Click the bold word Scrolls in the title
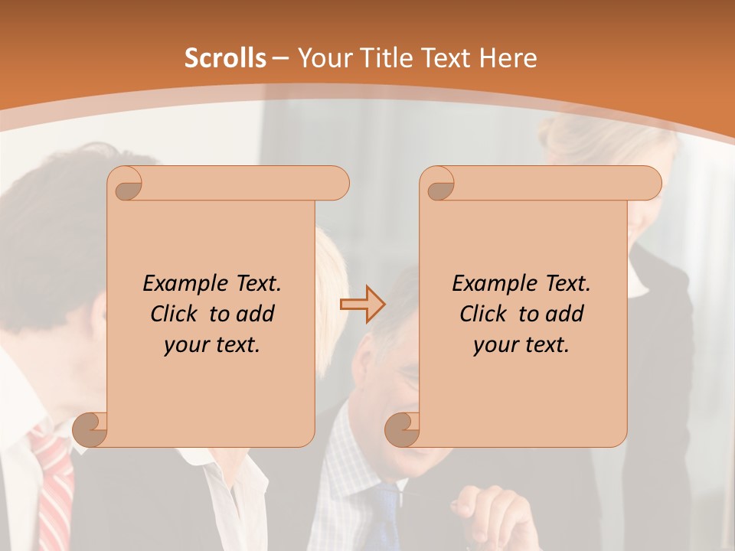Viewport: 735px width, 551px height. [225, 58]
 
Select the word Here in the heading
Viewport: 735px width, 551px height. [508, 58]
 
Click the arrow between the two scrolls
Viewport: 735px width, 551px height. [363, 303]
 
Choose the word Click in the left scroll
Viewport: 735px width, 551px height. [175, 314]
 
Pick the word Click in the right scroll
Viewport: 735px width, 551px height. [485, 314]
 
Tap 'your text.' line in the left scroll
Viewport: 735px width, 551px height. [212, 345]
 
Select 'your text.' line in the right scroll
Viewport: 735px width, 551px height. [521, 345]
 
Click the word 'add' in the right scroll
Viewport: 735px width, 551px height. [566, 314]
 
